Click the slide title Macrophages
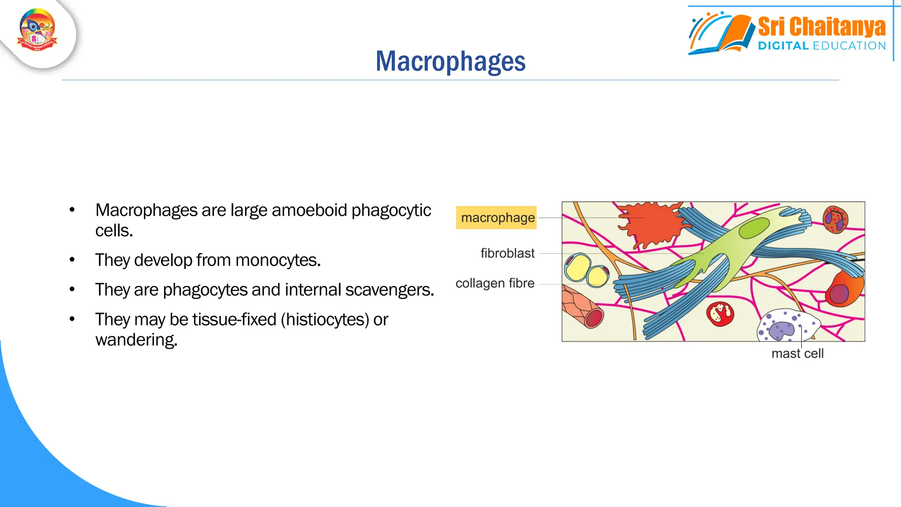(x=450, y=61)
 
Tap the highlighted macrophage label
(x=497, y=217)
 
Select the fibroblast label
(x=507, y=253)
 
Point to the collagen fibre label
(x=495, y=283)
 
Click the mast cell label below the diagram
(x=797, y=354)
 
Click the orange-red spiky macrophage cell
(x=651, y=224)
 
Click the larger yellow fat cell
(x=578, y=268)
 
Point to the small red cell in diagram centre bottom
(x=720, y=314)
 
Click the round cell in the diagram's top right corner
(x=835, y=219)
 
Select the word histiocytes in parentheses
(x=325, y=320)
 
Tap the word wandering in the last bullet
(x=136, y=340)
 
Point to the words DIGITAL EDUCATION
(x=821, y=46)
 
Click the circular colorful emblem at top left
(x=37, y=30)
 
